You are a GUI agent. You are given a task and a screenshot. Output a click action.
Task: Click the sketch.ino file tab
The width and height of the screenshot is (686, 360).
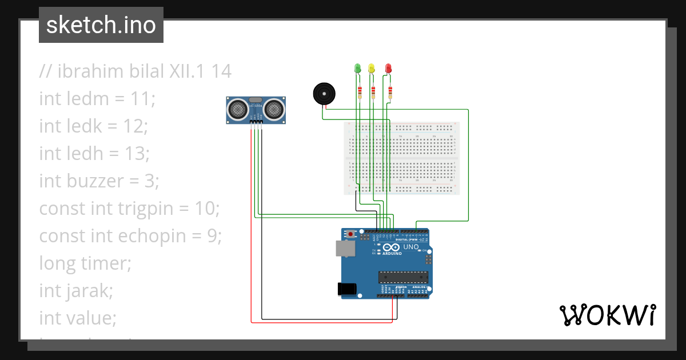pyautogui.click(x=101, y=25)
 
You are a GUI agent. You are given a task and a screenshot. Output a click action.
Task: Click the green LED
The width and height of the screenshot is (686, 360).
pyautogui.click(x=358, y=69)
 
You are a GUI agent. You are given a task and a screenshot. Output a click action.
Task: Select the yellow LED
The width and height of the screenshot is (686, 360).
pyautogui.click(x=372, y=69)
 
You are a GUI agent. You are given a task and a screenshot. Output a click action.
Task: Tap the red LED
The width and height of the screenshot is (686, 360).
pyautogui.click(x=388, y=69)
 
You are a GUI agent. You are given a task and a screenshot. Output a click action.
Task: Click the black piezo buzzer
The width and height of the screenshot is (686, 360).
pyautogui.click(x=324, y=93)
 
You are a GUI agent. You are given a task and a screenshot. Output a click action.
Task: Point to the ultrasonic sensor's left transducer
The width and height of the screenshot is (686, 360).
pyautogui.click(x=237, y=108)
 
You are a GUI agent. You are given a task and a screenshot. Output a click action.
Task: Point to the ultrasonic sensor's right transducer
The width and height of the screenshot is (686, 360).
pyautogui.click(x=274, y=108)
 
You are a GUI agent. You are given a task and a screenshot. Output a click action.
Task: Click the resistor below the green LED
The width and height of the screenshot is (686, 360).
pyautogui.click(x=360, y=91)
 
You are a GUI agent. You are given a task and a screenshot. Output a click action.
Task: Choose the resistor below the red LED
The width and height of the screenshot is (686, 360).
pyautogui.click(x=390, y=91)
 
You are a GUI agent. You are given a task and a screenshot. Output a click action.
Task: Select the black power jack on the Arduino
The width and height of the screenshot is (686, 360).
pyautogui.click(x=347, y=289)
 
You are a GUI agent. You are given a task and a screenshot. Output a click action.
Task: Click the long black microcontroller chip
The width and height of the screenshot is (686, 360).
pyautogui.click(x=402, y=277)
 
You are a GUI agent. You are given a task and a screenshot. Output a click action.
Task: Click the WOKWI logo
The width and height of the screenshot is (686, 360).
pyautogui.click(x=607, y=315)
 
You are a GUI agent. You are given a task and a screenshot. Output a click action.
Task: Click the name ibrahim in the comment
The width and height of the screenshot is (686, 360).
pyautogui.click(x=89, y=71)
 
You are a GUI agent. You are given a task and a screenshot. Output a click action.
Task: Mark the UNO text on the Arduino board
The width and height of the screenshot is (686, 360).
pyautogui.click(x=411, y=247)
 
